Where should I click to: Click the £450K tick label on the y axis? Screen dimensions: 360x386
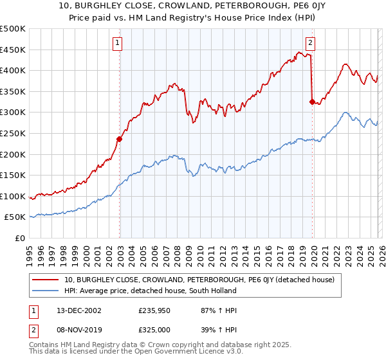coord(13,50)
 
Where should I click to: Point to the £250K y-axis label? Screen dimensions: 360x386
coord(13,133)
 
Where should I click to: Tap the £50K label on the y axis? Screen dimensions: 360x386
coord(15,217)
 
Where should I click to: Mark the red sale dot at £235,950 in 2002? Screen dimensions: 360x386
coord(120,139)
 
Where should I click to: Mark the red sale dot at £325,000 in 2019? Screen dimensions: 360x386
coord(312,102)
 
